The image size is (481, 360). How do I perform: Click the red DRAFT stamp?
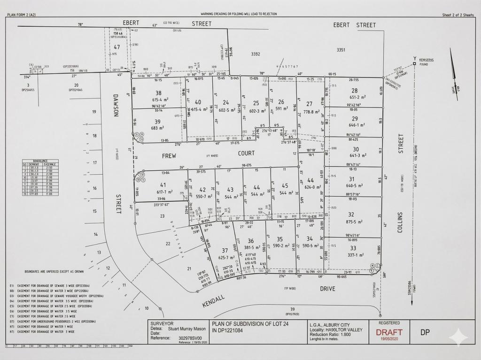point(389,332)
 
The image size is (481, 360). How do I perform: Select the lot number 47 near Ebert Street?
point(117,46)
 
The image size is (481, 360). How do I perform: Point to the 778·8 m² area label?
point(311,111)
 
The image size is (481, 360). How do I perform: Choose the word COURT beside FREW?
point(247,153)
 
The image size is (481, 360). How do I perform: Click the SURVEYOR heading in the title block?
point(162,323)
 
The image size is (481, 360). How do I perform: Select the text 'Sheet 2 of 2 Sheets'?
point(458,15)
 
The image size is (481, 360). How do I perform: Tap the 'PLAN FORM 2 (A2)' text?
point(21,15)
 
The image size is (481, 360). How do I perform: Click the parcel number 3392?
point(256,54)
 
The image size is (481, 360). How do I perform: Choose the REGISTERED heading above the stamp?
point(389,323)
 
